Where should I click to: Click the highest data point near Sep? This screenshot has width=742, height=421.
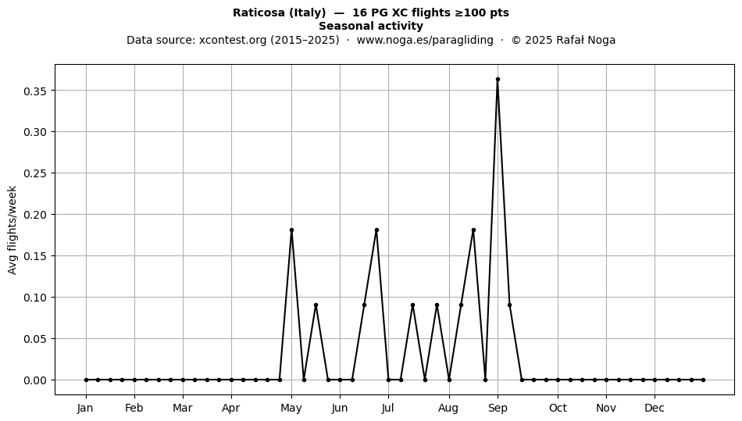(498, 80)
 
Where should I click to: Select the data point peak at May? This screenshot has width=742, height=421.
(291, 230)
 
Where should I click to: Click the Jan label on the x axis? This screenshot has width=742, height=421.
(86, 408)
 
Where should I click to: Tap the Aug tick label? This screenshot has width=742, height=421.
(448, 409)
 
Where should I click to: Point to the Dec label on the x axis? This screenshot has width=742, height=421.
(655, 408)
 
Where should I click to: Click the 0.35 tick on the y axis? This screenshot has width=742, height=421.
(35, 91)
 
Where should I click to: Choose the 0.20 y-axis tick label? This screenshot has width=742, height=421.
(35, 215)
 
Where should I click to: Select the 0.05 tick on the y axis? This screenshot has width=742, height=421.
(35, 339)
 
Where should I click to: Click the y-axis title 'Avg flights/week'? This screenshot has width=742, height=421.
(12, 230)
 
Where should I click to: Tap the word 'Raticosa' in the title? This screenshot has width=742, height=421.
(259, 12)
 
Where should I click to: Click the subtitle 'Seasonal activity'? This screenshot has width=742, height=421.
(371, 26)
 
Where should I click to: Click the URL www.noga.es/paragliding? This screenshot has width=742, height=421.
(425, 40)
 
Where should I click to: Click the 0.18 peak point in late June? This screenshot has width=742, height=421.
(376, 230)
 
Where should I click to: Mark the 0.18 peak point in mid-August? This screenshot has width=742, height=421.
(473, 230)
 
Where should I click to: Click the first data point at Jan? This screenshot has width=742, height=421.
(86, 380)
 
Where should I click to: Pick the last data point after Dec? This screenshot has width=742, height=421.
(703, 380)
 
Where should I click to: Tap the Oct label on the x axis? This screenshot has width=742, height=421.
(558, 408)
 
